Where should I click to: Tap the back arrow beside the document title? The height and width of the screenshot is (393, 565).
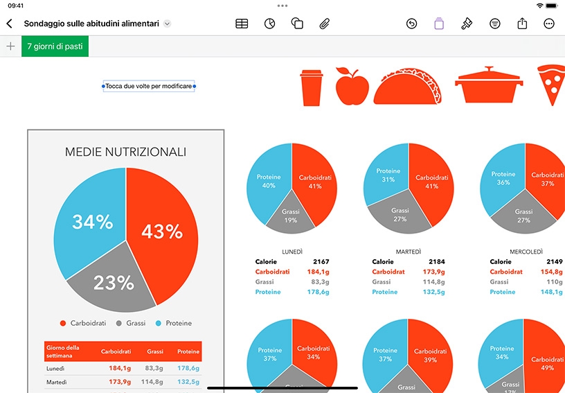coord(10,24)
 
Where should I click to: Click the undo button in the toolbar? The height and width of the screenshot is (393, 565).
coord(411,24)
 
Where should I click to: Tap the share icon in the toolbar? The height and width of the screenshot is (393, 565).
coord(522,24)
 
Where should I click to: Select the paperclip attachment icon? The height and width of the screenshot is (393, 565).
coord(324,24)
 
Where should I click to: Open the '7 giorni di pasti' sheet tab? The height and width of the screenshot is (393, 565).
coord(55,46)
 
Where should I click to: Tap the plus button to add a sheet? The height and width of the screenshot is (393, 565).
coord(11,46)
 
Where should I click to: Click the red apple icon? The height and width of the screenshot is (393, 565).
coord(352,86)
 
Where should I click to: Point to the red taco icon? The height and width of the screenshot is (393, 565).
coord(408,87)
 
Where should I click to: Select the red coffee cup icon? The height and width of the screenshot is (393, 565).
coord(312,88)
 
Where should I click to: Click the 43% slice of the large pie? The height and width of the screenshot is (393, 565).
coord(162,231)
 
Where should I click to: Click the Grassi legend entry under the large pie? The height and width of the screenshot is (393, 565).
coord(131,324)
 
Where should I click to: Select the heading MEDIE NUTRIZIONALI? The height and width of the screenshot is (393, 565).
coord(125,152)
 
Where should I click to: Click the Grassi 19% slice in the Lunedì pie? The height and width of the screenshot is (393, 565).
coord(290,216)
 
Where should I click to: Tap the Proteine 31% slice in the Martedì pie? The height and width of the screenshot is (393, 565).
coord(387,175)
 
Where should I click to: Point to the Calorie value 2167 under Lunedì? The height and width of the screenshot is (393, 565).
coord(321,262)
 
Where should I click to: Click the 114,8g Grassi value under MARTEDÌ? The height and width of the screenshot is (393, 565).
coord(434,282)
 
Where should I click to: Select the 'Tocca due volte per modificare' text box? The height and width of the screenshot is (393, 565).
coord(149,86)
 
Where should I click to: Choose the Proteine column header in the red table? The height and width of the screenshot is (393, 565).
coord(188,351)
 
